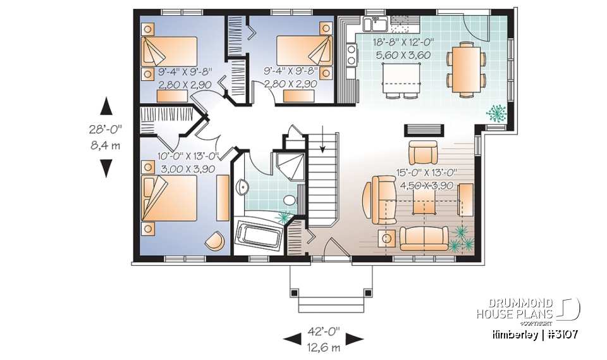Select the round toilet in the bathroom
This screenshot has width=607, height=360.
point(289,201)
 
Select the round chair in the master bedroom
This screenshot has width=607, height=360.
point(215,241)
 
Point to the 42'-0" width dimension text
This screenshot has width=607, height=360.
point(324,331)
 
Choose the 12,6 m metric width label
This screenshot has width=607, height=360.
point(324,347)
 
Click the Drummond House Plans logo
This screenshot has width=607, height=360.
point(528,309)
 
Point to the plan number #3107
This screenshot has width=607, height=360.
point(561,333)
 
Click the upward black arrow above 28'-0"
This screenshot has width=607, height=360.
point(106,106)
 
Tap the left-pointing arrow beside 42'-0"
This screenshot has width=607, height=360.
point(293,339)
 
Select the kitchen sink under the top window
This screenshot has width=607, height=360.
point(377,25)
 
